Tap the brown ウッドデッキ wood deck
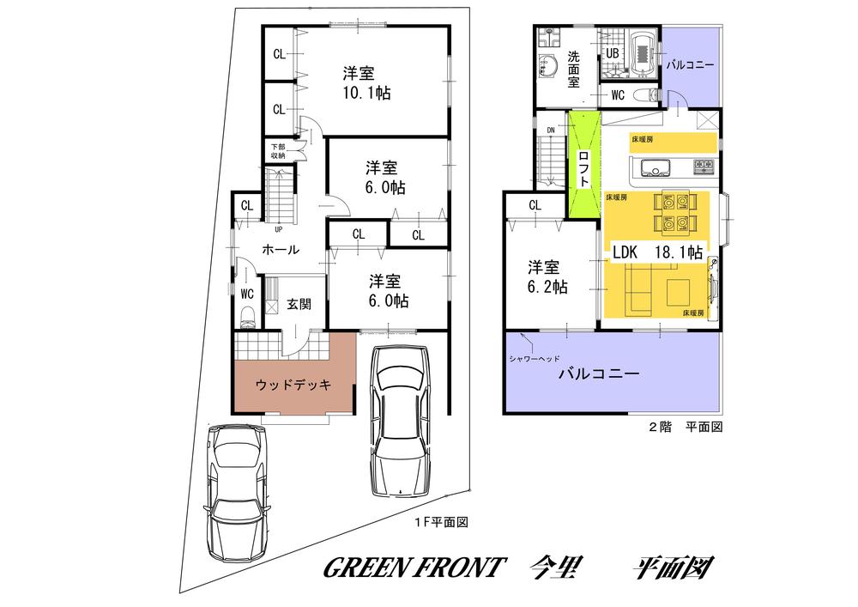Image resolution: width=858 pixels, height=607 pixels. pos(293,385)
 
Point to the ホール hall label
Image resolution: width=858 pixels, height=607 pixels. pos(280,250)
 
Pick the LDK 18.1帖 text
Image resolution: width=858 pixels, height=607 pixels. pos(657,252)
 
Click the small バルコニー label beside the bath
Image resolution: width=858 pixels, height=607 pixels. pos(690,64)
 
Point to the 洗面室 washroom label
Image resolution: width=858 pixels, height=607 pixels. pos(573,70)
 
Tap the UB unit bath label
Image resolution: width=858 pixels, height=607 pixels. pos(613,53)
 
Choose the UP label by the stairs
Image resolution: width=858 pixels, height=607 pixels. pos(279,229)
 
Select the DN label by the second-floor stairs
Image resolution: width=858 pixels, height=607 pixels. pos(550,131)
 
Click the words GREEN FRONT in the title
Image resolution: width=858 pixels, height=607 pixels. pos(411,568)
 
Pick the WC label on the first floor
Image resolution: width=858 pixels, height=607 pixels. pos(247,294)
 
